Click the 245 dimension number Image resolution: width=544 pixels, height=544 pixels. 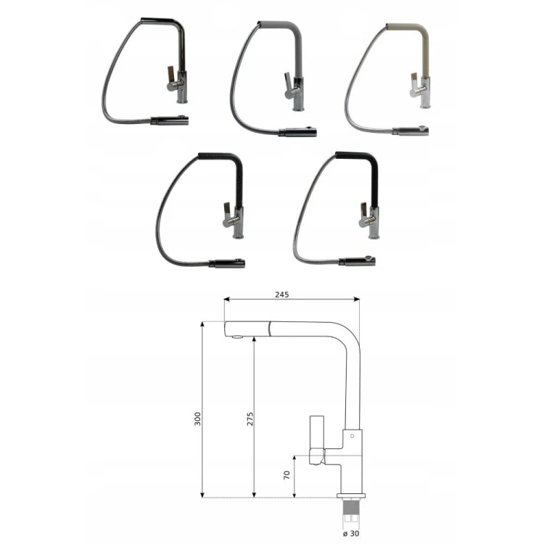[x=281, y=294]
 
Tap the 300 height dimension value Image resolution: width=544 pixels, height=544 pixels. [x=197, y=419]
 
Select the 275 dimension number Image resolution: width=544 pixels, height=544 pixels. [x=250, y=419]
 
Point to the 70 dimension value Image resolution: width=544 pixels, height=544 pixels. [x=287, y=475]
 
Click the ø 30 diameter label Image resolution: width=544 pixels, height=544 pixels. [x=351, y=533]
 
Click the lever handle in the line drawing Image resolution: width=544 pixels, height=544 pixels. [x=317, y=440]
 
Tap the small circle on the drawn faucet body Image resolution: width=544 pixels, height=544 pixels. [x=352, y=436]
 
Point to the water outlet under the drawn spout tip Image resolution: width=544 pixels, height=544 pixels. [x=238, y=336]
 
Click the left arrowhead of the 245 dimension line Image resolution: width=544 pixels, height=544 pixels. [x=227, y=299]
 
